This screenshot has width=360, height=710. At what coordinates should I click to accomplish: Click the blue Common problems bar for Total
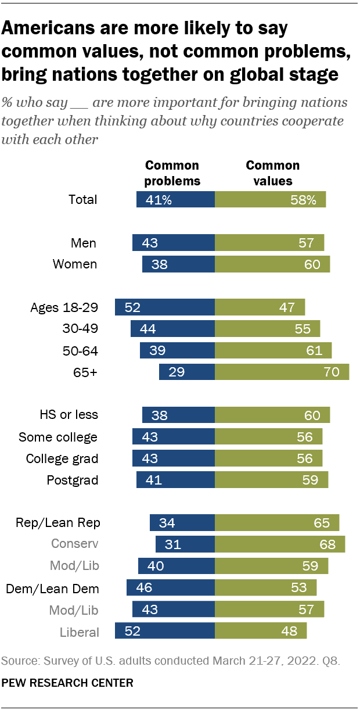175,199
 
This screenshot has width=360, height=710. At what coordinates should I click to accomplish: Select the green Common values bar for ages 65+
282,372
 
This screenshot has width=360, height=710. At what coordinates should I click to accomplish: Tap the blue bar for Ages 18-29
165,307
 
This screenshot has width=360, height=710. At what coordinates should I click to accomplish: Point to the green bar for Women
272,264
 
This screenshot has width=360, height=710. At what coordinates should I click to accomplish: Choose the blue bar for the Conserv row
185,544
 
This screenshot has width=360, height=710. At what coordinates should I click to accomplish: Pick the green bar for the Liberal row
261,630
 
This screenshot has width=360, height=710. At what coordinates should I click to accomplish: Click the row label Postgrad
73,480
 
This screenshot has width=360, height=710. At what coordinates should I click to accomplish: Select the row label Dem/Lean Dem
53,588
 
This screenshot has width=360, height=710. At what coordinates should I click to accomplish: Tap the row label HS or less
69,414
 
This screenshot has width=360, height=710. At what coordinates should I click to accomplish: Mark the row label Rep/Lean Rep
59,522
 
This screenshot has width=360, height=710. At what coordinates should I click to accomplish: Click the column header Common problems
172,173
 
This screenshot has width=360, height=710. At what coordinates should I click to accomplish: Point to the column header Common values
273,173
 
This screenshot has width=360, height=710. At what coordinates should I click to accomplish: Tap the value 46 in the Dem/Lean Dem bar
143,588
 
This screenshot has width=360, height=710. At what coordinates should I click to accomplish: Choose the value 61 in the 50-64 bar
313,350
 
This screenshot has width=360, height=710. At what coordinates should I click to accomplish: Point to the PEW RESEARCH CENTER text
67,683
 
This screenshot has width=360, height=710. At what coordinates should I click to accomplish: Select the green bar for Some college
268,437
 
